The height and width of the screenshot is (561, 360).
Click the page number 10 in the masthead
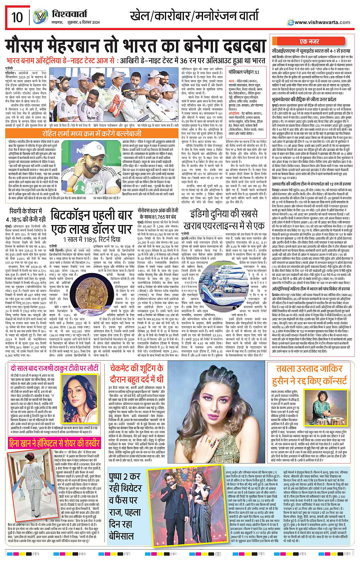pyautogui.click(x=17, y=17)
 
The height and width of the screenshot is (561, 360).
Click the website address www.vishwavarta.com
pyautogui.click(x=322, y=22)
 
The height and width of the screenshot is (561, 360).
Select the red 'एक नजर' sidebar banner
pyautogui.click(x=309, y=42)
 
